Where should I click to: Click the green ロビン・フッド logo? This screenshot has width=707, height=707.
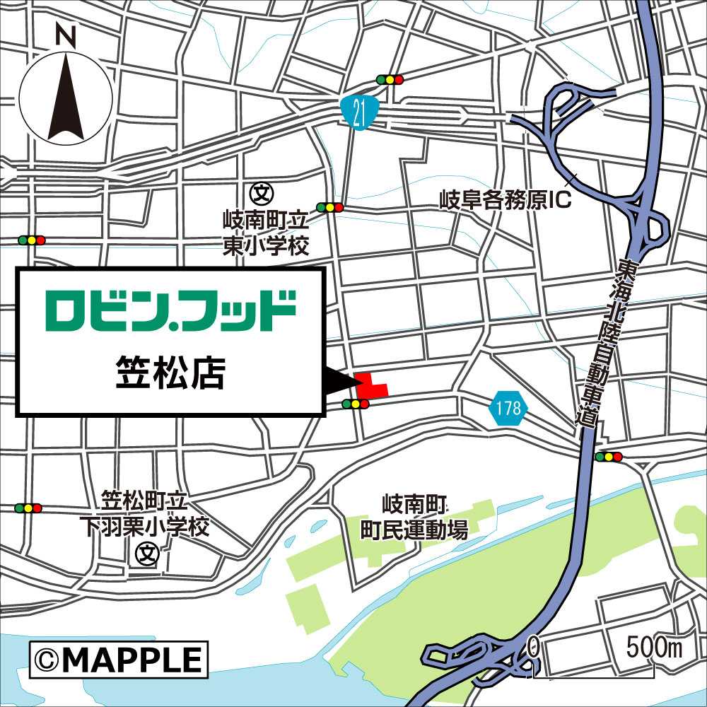tap(170, 310)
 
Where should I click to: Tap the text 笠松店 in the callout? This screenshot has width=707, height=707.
tap(170, 374)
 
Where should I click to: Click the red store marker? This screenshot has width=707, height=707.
tap(370, 385)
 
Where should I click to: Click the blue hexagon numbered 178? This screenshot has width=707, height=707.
tap(508, 408)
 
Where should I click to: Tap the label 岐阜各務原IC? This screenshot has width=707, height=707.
tap(505, 200)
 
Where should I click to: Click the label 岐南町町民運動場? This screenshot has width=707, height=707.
tap(414, 518)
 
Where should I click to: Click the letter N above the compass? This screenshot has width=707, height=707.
tap(66, 36)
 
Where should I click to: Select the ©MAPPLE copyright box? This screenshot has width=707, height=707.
tap(119, 660)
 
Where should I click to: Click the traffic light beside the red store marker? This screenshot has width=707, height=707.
tap(355, 404)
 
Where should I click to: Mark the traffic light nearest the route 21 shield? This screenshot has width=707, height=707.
tap(390, 79)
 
